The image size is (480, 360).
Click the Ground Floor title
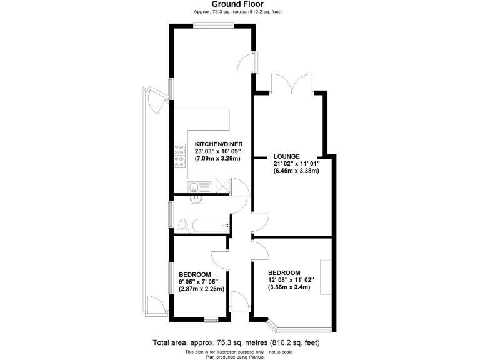pyautogui.click(x=240, y=4)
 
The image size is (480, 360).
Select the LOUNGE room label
pyautogui.click(x=287, y=156)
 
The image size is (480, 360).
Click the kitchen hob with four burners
pyautogui.click(x=179, y=156)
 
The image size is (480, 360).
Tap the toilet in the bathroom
pyautogui.click(x=183, y=224)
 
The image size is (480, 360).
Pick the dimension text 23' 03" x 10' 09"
pyautogui.click(x=218, y=151)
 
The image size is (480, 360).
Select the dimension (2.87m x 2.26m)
pyautogui.click(x=201, y=289)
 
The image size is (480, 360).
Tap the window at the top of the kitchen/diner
pyautogui.click(x=212, y=26)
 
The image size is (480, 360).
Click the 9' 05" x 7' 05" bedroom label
pyautogui.click(x=201, y=282)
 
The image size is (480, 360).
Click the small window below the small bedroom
pyautogui.click(x=211, y=319)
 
